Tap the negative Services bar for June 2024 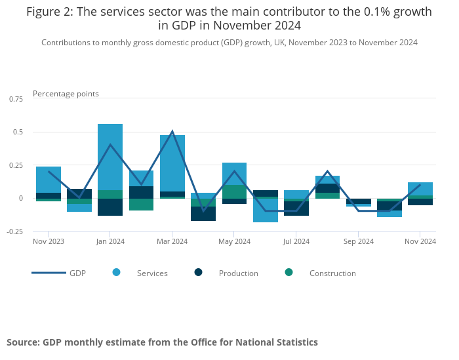pos(266,210)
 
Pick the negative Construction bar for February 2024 pos(141,205)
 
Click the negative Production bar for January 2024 pos(110,207)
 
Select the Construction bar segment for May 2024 pos(234,191)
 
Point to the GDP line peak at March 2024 pos(172,131)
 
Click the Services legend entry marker pos(116,272)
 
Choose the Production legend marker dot pos(199,272)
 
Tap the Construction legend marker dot pos(289,272)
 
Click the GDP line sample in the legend pos(49,272)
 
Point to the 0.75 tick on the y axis pos(15,98)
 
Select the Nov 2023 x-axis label pos(49,242)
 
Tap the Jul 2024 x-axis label pos(296,242)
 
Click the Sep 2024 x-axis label pos(359,242)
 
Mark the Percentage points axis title pos(66,94)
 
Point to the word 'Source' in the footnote pos(23,342)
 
